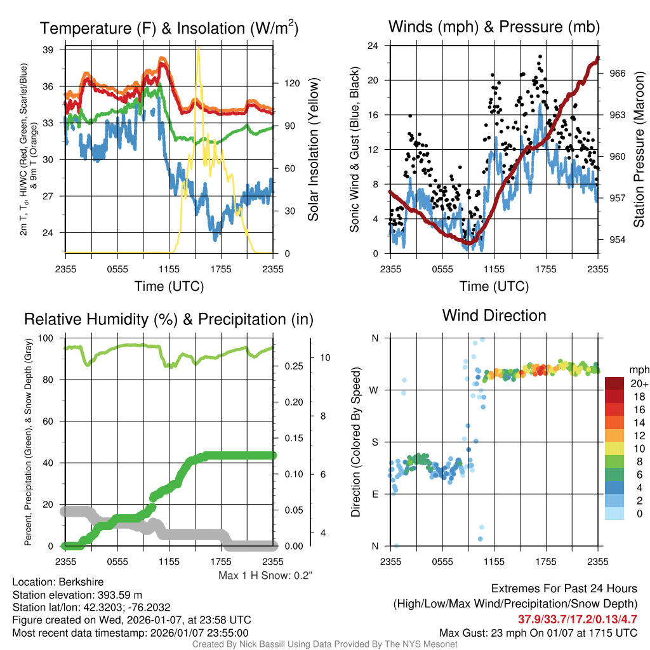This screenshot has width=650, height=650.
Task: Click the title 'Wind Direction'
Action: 494,315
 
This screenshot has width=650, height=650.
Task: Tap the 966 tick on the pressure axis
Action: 618,73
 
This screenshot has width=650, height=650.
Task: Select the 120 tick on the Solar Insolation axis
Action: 291,83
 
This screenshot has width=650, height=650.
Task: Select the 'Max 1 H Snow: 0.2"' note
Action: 265,576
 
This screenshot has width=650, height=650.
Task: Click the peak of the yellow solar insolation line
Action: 199,48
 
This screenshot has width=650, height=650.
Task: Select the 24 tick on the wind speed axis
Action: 373,46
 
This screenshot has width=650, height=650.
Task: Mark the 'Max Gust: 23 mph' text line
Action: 538,633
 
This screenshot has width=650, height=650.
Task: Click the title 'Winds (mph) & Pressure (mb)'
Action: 494,27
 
